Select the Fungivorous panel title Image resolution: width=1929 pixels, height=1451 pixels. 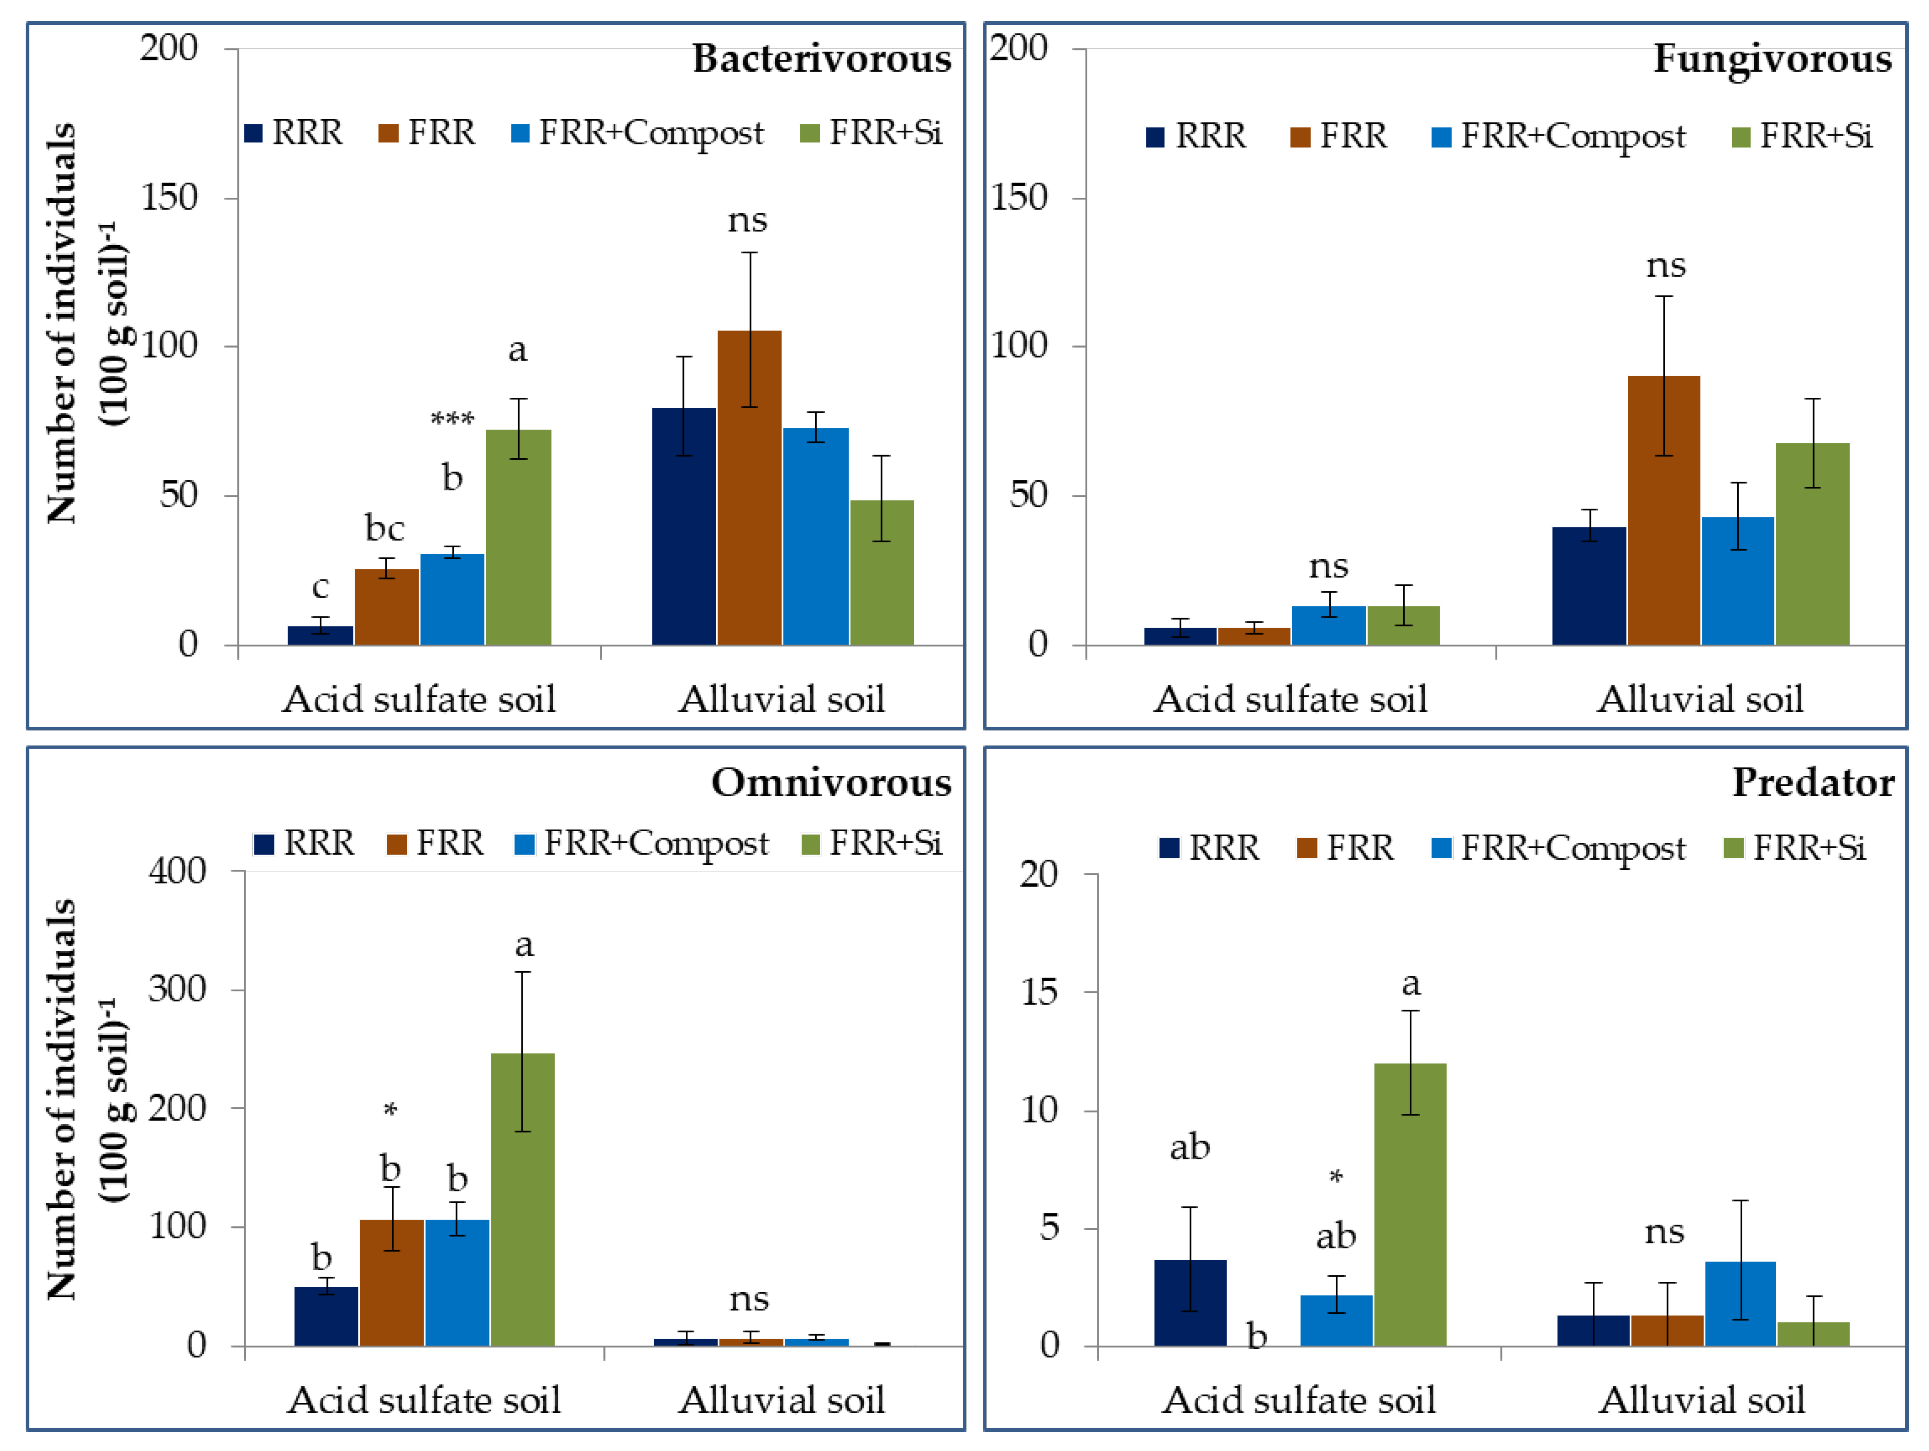point(1772,59)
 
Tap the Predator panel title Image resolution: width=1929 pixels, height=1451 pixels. point(1812,782)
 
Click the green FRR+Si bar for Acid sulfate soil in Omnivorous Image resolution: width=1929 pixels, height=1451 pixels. point(523,1199)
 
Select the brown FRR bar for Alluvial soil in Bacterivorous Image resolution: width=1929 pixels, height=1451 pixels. point(749,488)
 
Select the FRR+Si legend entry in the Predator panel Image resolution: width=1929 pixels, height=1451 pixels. point(1796,848)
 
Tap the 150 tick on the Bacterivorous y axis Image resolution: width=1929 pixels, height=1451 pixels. point(169,198)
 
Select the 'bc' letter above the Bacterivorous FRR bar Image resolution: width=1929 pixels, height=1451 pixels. point(384,528)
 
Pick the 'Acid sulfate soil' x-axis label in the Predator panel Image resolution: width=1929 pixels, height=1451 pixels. point(1299,1401)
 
